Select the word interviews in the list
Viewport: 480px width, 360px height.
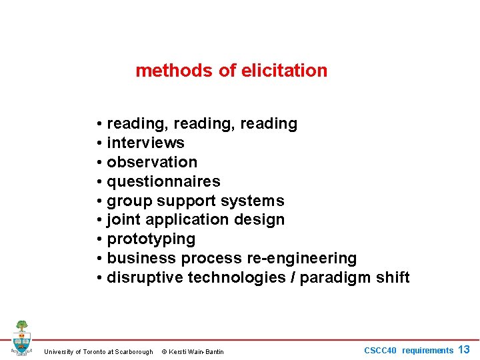pyautogui.click(x=145, y=143)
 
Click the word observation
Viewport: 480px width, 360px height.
pyautogui.click(x=152, y=162)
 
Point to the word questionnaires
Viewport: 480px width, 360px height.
pyautogui.click(x=163, y=181)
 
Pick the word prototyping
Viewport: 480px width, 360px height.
pyautogui.click(x=151, y=239)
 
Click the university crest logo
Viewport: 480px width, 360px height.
pyautogui.click(x=21, y=337)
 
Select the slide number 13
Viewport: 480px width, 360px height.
pyautogui.click(x=464, y=349)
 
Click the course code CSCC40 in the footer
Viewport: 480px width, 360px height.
pyautogui.click(x=380, y=351)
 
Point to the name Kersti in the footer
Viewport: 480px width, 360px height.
pyautogui.click(x=179, y=351)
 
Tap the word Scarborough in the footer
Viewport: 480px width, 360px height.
pyautogui.click(x=134, y=351)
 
